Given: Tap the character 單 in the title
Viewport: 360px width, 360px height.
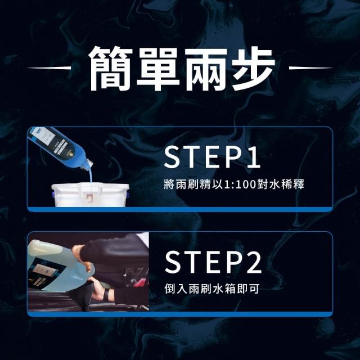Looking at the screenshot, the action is pos(158,69).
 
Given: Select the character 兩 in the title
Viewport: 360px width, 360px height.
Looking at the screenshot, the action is pos(205,69).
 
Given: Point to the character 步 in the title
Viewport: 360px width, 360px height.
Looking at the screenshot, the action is pos(253,69).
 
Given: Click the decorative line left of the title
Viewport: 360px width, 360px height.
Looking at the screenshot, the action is pos(49,68).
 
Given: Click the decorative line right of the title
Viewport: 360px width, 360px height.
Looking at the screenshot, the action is pos(310,68).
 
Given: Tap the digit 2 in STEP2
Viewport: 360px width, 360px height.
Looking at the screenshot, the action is pos(252,262).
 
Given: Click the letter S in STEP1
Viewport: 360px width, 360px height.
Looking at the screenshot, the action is pos(172,157).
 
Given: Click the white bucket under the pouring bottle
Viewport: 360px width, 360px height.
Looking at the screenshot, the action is pos(90,195).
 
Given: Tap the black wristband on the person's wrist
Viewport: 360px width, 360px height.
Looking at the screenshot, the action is pos(106,294).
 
